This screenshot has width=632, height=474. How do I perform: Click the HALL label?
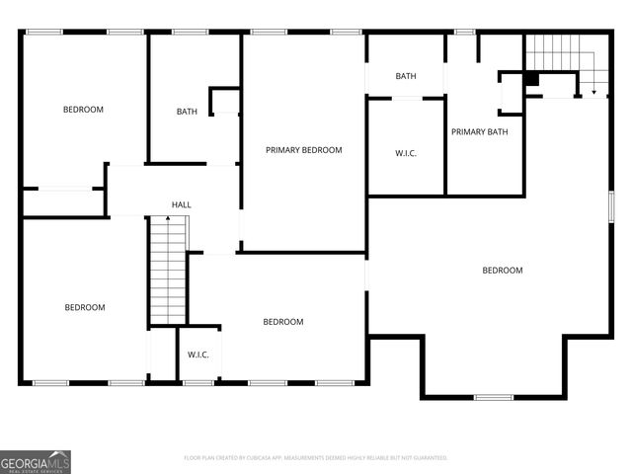point(182,204)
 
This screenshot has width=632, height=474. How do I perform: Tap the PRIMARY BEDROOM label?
point(304,150)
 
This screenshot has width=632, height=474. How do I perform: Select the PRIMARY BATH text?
point(480,132)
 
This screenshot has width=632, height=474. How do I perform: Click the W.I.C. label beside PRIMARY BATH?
point(405,153)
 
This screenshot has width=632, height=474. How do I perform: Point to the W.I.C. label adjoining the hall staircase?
point(197,355)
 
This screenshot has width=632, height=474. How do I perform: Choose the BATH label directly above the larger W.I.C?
point(405,76)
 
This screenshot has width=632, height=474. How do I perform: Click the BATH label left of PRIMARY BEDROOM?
point(187,112)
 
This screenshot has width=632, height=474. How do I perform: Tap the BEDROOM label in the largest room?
point(502,270)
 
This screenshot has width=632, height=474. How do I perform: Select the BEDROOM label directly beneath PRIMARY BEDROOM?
point(282,322)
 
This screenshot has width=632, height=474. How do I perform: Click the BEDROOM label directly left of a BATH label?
point(83,110)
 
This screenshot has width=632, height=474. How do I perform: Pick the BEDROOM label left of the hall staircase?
point(84,307)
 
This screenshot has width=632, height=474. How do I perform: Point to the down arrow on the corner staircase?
point(593,91)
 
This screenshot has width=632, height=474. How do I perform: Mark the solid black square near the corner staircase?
point(531,79)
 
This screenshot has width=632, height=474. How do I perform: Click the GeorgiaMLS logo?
point(36,461)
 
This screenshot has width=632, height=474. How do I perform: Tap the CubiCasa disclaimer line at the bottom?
point(316,457)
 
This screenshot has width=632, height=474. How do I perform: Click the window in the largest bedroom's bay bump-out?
point(494,397)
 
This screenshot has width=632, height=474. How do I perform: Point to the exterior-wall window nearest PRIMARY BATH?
point(464,32)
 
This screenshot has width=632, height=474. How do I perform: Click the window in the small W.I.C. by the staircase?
point(199,382)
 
